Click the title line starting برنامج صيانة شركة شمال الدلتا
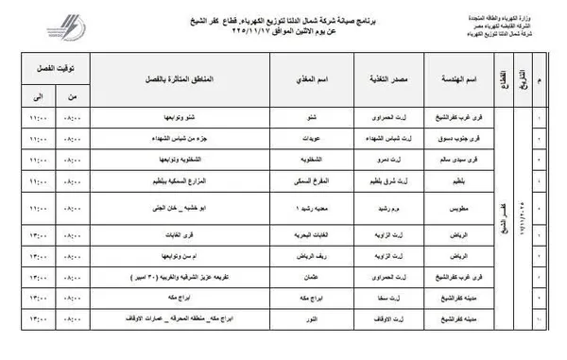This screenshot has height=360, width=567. pyautogui.click(x=283, y=11)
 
